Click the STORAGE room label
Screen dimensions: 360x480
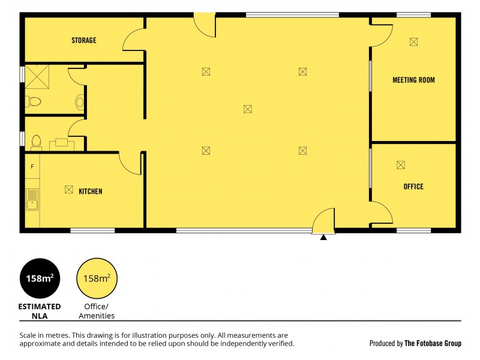[84, 41]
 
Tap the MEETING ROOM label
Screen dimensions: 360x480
[413, 80]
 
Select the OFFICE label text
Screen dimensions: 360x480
[413, 187]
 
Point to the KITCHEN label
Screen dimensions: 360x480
[91, 191]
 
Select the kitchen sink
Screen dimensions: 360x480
[32, 199]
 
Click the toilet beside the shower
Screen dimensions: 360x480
[33, 102]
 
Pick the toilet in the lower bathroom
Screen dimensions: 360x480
[35, 142]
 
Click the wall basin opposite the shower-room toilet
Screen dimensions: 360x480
[80, 102]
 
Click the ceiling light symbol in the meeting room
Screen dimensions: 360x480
[413, 41]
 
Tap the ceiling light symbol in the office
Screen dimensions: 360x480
[401, 165]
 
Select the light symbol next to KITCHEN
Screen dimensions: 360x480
[68, 190]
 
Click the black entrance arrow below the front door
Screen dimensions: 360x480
[323, 238]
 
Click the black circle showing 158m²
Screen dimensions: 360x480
[40, 279]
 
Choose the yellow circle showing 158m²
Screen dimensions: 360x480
[97, 279]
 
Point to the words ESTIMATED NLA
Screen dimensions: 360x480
[40, 311]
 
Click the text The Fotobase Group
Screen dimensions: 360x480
[433, 344]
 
